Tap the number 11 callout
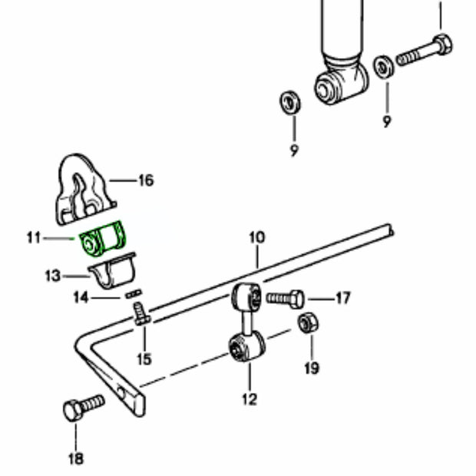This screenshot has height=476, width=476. (x=33, y=239)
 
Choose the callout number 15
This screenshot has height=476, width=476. (x=144, y=358)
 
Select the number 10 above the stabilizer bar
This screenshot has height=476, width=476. (x=256, y=239)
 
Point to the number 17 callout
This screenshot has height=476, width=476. (x=342, y=297)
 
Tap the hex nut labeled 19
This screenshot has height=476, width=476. (x=306, y=324)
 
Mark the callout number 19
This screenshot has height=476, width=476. (x=310, y=369)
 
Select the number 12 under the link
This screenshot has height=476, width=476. (x=250, y=398)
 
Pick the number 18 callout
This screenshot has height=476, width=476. (x=75, y=459)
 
